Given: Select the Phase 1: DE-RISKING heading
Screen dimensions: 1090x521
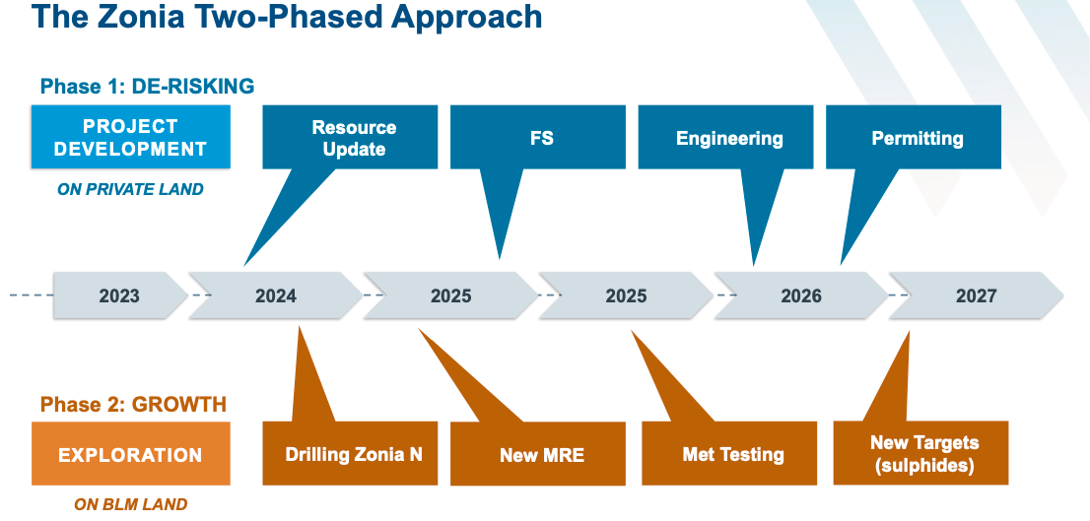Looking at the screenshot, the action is [x=148, y=86].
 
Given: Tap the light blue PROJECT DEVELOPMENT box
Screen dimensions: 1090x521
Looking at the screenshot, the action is [x=131, y=137].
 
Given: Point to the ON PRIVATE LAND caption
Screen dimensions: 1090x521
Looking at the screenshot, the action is [x=131, y=189].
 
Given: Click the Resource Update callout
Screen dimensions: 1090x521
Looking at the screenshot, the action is [x=351, y=138].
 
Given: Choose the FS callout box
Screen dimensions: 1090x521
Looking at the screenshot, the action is [x=538, y=138].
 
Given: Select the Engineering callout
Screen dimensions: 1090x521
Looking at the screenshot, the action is [x=725, y=138].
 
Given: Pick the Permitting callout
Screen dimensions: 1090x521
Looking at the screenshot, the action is [x=914, y=138].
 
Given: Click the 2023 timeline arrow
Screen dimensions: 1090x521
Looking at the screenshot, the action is [x=120, y=295].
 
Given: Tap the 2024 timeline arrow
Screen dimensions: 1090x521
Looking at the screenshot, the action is [x=276, y=295].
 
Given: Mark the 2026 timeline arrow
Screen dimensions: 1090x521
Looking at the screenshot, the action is [x=801, y=295].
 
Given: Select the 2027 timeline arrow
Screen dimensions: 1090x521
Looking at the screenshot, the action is [x=977, y=295].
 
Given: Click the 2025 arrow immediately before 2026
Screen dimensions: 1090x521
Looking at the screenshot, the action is [x=627, y=295].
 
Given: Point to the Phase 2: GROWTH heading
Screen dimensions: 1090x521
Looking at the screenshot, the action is [x=133, y=404].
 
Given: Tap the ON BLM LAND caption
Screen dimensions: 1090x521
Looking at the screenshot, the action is [x=131, y=504].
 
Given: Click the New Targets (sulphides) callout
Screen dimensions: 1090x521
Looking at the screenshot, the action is [x=920, y=453].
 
